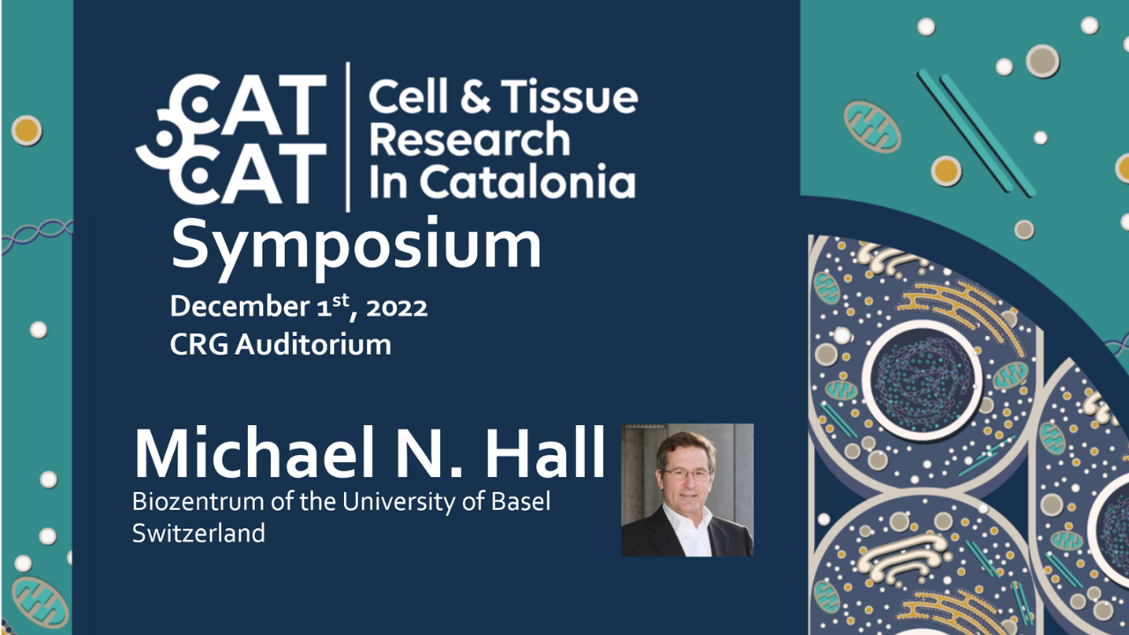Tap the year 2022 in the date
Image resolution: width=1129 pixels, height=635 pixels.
[x=397, y=307]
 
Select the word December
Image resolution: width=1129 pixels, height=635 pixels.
[x=240, y=306]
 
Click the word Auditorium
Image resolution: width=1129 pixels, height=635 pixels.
[x=313, y=345]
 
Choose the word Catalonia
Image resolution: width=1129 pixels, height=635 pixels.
[x=527, y=182]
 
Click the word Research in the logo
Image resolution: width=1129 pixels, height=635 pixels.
[x=470, y=138]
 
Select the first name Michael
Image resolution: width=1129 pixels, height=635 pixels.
[x=254, y=452]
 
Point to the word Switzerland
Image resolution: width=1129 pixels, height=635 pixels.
[x=198, y=534]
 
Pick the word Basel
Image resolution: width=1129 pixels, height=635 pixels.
[x=520, y=502]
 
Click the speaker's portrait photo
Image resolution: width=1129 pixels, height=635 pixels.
[x=687, y=489]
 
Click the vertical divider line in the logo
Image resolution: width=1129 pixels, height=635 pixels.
[x=348, y=137]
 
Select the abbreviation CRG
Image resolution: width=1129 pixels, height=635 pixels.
[x=199, y=345]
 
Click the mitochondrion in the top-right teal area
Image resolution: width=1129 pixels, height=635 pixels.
[x=872, y=126]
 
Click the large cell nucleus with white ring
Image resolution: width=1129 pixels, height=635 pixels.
[x=923, y=379]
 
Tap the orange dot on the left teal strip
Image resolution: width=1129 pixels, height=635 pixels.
[x=26, y=131]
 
